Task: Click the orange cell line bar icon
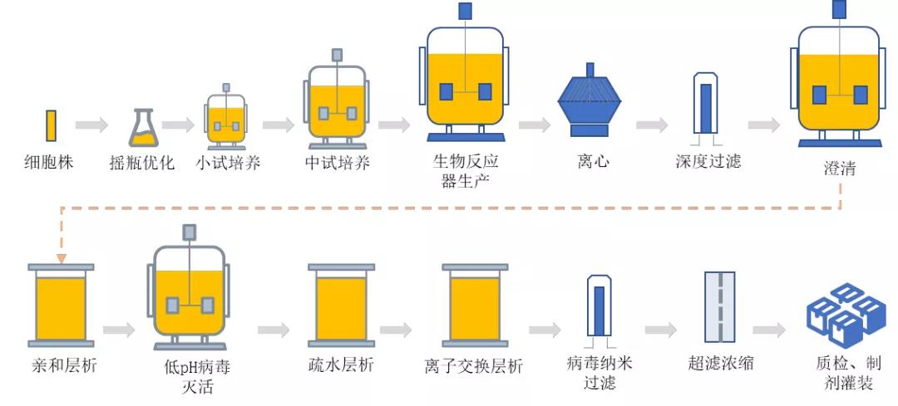(51, 126)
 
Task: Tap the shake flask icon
(142, 129)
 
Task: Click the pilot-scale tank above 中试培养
(338, 104)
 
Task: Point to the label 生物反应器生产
(465, 170)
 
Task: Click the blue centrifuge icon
(590, 102)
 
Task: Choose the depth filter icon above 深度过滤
(706, 104)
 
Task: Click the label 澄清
(838, 169)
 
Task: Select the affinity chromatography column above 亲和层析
(61, 307)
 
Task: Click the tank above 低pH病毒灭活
(190, 295)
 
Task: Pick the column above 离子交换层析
(475, 307)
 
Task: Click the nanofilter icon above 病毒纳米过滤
(599, 307)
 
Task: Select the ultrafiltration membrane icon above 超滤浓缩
(720, 307)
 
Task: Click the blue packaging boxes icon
(845, 314)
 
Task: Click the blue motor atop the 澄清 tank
(839, 9)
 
